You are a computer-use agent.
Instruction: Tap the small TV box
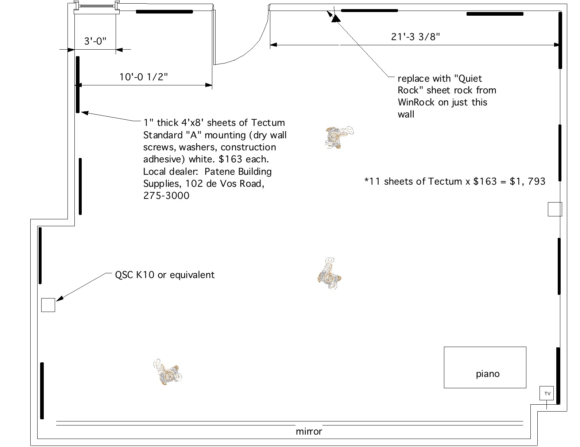pyautogui.click(x=546, y=393)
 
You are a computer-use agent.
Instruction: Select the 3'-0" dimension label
pyautogui.click(x=95, y=41)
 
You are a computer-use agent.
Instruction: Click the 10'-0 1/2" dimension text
pyautogui.click(x=143, y=77)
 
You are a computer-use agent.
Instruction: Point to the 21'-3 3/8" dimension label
pyautogui.click(x=415, y=36)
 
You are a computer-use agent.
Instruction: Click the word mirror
pyautogui.click(x=309, y=431)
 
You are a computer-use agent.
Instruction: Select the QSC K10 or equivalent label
pyautogui.click(x=165, y=275)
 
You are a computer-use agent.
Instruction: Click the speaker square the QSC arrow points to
pyautogui.click(x=48, y=305)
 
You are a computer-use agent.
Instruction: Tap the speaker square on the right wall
pyautogui.click(x=555, y=209)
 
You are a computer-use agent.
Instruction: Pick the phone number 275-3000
pyautogui.click(x=166, y=196)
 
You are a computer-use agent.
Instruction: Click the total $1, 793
pyautogui.click(x=527, y=181)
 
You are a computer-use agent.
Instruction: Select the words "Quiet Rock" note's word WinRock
pyautogui.click(x=416, y=102)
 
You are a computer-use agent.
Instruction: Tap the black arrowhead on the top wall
pyautogui.click(x=335, y=18)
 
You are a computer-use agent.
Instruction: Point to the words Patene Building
pyautogui.click(x=238, y=172)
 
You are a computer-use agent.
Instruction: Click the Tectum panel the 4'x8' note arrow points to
pyautogui.click(x=78, y=84)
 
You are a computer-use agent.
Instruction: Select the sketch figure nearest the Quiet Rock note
pyautogui.click(x=339, y=137)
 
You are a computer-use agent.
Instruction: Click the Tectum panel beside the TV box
pyautogui.click(x=558, y=376)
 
